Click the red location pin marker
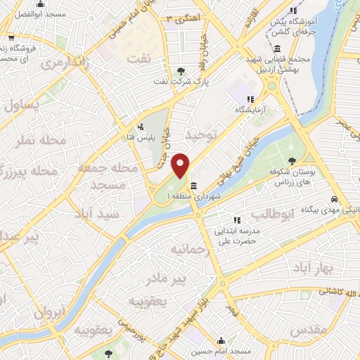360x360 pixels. pos(181,165)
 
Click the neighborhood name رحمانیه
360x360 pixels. pos(188,250)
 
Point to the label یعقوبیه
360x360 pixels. pos(147,301)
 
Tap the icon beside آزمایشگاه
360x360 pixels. pos(252,98)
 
